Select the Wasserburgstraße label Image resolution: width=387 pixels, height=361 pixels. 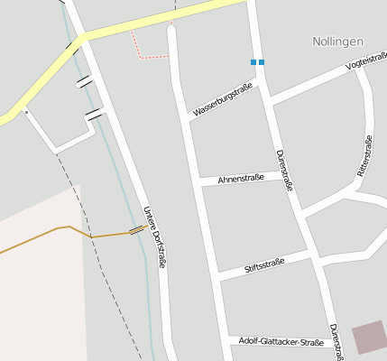[x=221, y=99]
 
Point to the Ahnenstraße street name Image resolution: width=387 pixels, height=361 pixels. [x=241, y=178]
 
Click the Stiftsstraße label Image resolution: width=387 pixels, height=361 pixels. [x=264, y=264]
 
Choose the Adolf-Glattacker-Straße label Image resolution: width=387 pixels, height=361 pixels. [x=281, y=342]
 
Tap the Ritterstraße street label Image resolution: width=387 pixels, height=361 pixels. [x=364, y=155]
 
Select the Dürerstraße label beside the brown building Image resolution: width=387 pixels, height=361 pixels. [x=335, y=341]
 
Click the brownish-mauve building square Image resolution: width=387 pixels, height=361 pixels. [x=368, y=338]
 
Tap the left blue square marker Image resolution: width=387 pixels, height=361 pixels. [x=253, y=62]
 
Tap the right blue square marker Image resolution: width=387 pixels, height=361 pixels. [x=262, y=62]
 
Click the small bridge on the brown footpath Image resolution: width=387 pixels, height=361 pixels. [x=137, y=230]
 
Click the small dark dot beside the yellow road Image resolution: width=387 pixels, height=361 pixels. [x=26, y=112]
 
